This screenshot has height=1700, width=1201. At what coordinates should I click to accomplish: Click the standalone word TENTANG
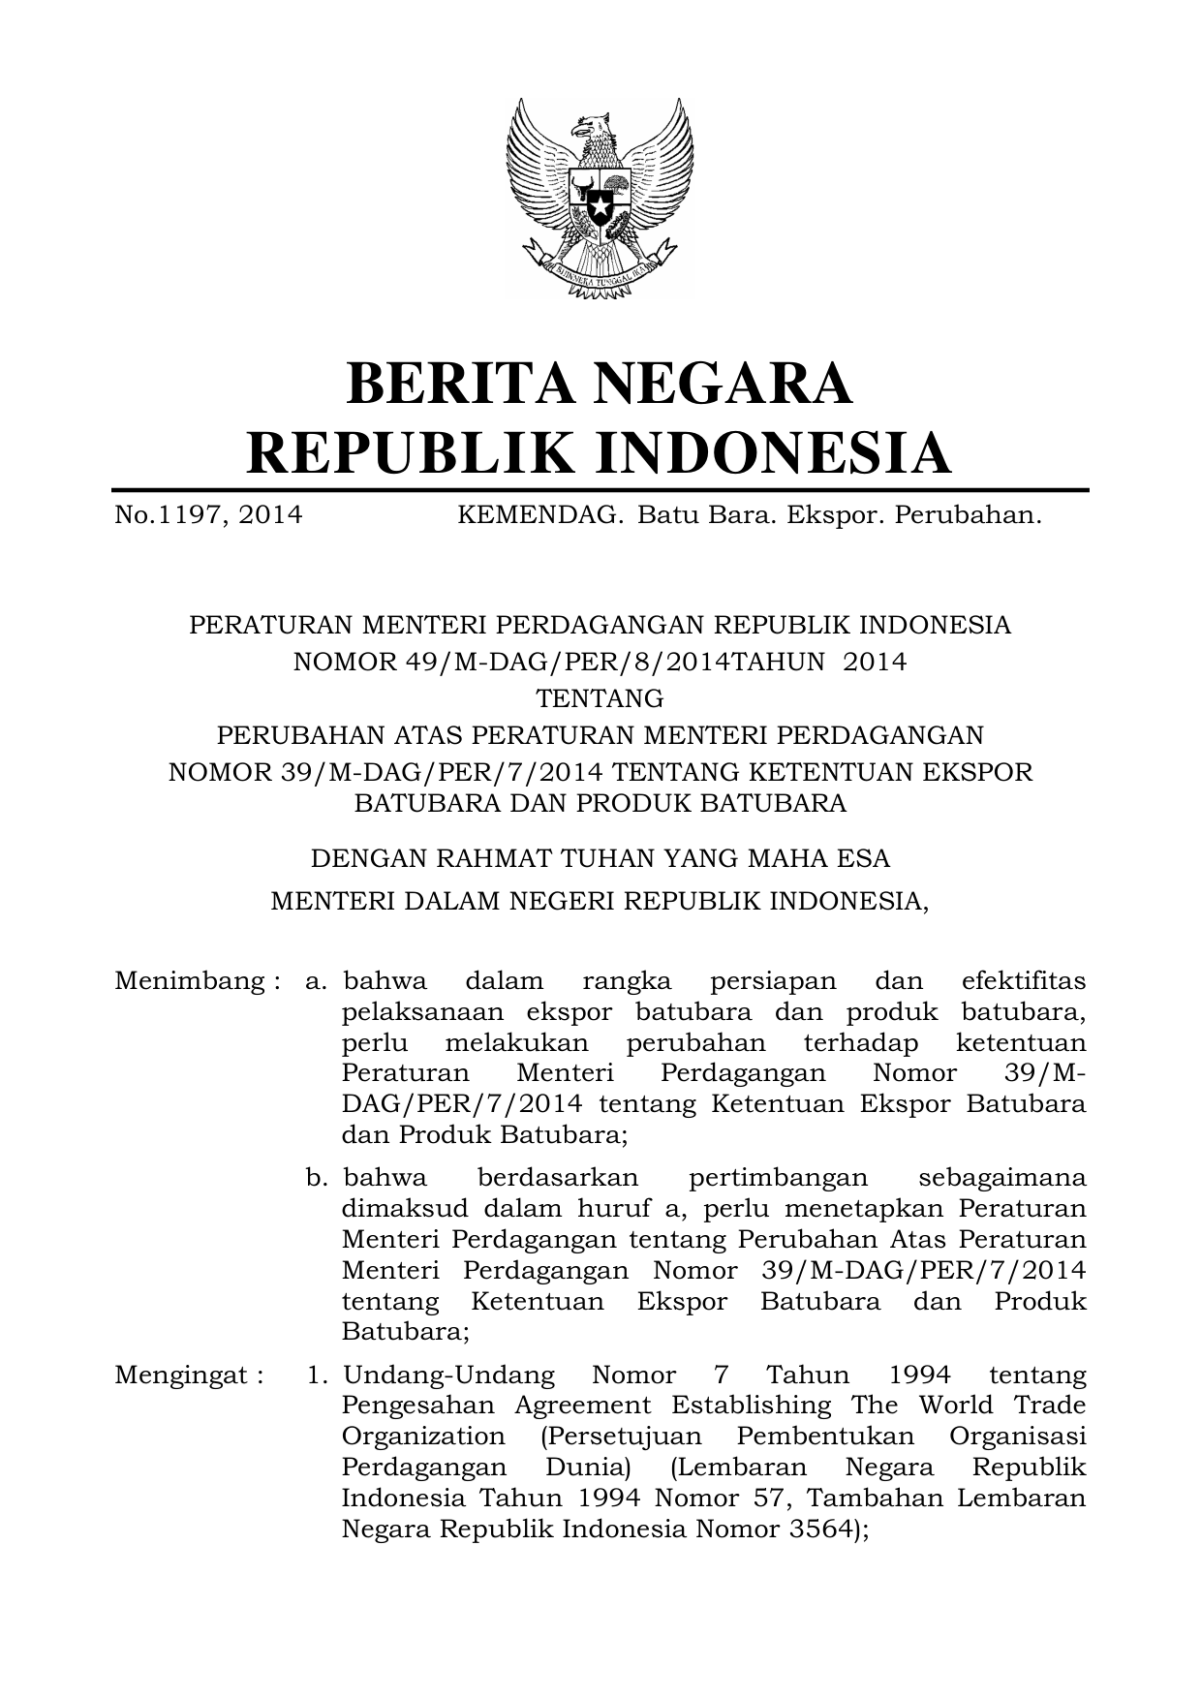coord(600,697)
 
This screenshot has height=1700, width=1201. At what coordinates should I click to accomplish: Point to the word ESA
coord(867,858)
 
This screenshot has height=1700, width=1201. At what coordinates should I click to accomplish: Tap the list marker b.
coord(317,1178)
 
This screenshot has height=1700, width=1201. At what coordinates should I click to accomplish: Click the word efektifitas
coord(1024,981)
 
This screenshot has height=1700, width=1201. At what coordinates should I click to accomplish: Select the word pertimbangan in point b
coord(778,1178)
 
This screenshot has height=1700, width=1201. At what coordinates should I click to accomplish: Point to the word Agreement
coord(582,1406)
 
